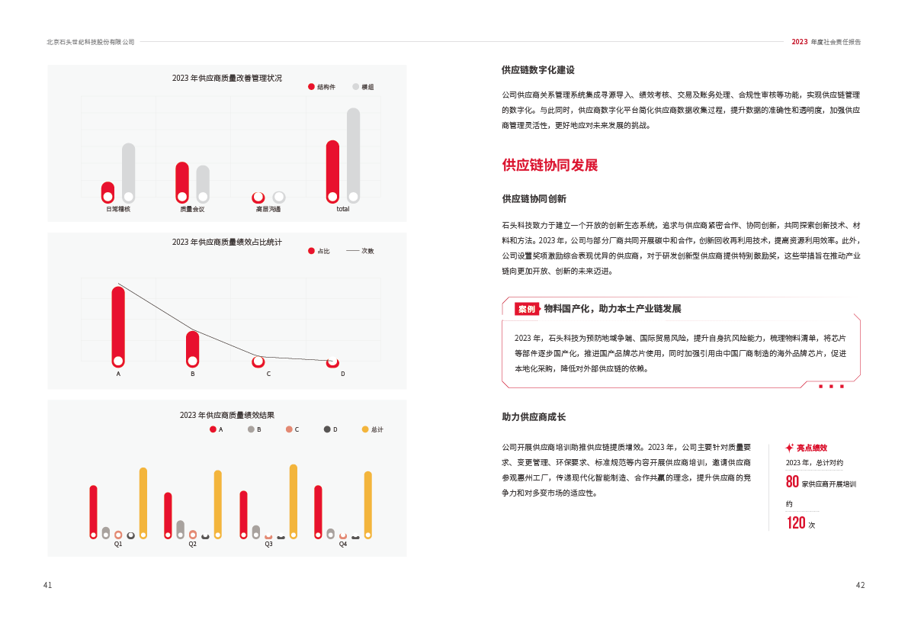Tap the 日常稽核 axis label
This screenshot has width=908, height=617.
click(x=117, y=209)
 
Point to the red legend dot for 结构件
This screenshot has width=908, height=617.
click(x=311, y=87)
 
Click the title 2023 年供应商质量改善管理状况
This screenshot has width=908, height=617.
click(x=226, y=78)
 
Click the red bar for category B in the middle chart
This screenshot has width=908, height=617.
click(x=192, y=348)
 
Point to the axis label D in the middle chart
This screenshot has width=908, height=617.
click(x=342, y=374)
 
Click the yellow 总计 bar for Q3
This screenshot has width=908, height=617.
click(x=294, y=500)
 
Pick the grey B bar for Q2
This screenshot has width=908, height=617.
click(x=180, y=528)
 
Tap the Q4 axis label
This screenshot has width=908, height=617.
click(x=343, y=545)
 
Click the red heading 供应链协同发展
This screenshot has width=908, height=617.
click(x=549, y=165)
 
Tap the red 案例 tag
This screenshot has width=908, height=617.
click(x=526, y=309)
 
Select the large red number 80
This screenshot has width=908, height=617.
click(x=792, y=482)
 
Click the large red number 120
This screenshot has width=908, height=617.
click(x=796, y=523)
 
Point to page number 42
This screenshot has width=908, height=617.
click(x=860, y=585)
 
